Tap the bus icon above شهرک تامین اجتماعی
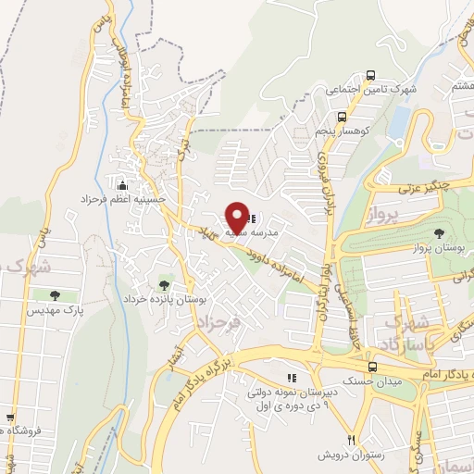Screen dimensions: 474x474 [370, 75]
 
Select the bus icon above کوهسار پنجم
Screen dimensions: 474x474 [343, 118]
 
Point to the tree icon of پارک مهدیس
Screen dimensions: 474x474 [54, 295]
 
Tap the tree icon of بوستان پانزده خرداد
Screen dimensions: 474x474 [165, 284]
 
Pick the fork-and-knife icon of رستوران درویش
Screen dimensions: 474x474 [350, 439]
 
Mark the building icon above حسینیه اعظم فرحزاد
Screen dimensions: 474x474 [121, 184]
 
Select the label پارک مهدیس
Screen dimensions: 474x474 [60, 311]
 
